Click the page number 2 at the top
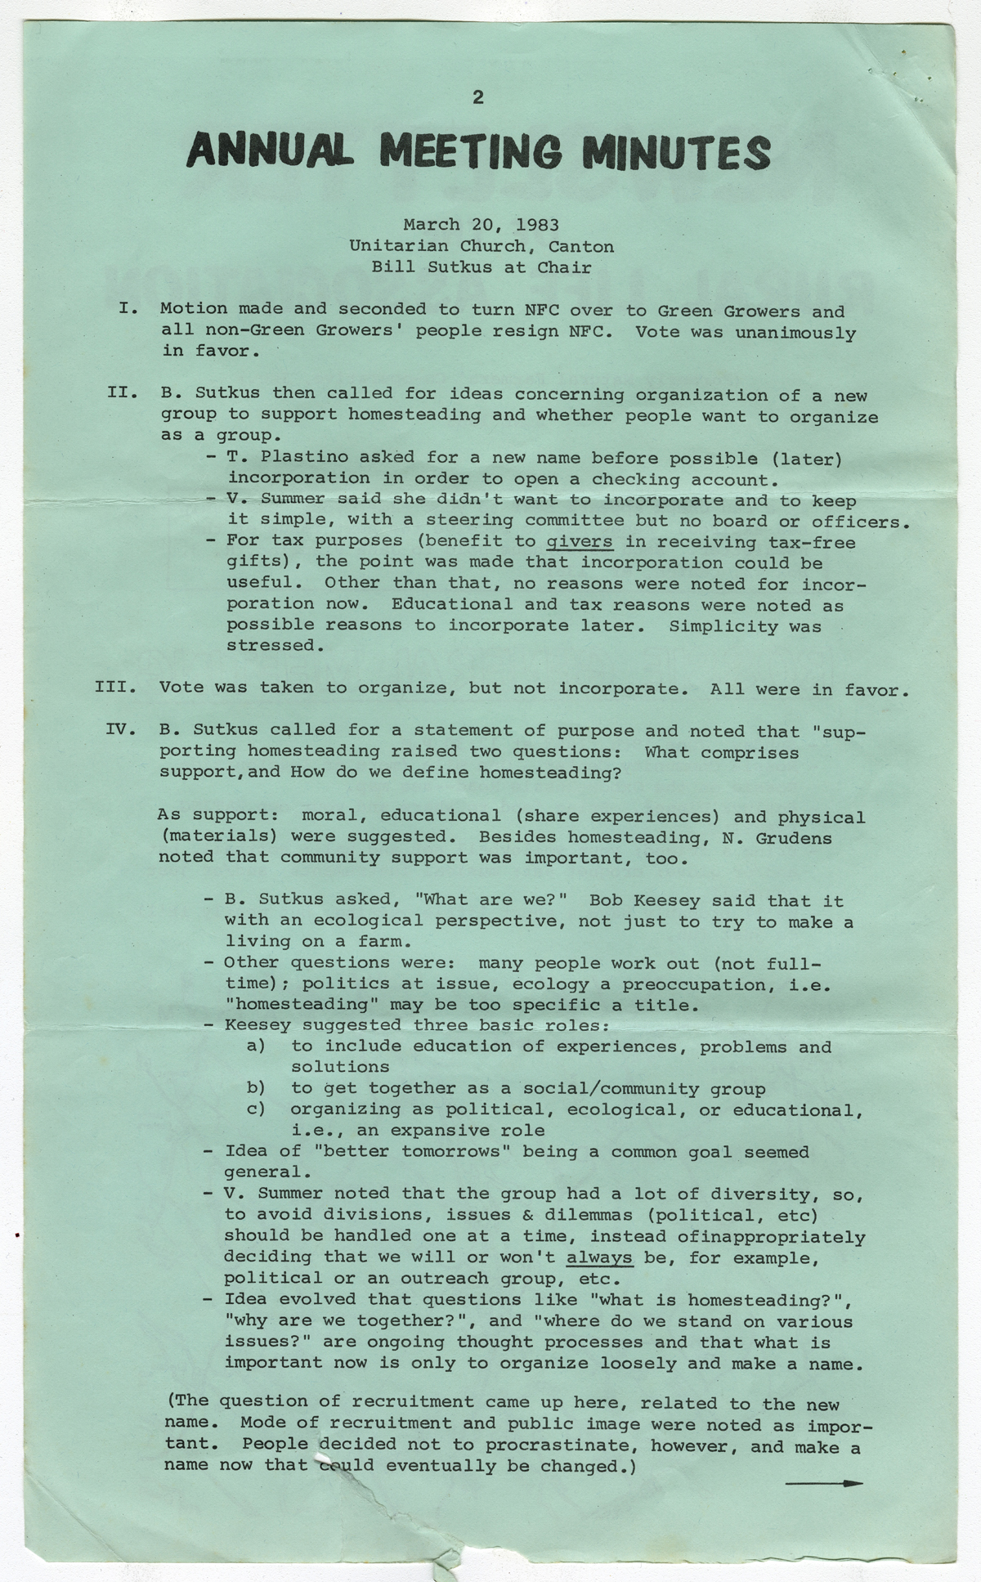tap(478, 98)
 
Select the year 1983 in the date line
tap(537, 224)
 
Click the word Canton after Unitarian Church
tap(581, 246)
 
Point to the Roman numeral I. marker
tap(127, 309)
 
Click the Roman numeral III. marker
tap(115, 686)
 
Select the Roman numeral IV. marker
tap(120, 728)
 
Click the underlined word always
tap(599, 1257)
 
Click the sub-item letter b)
tap(256, 1088)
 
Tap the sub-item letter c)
tap(256, 1109)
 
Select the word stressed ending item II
tap(271, 645)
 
